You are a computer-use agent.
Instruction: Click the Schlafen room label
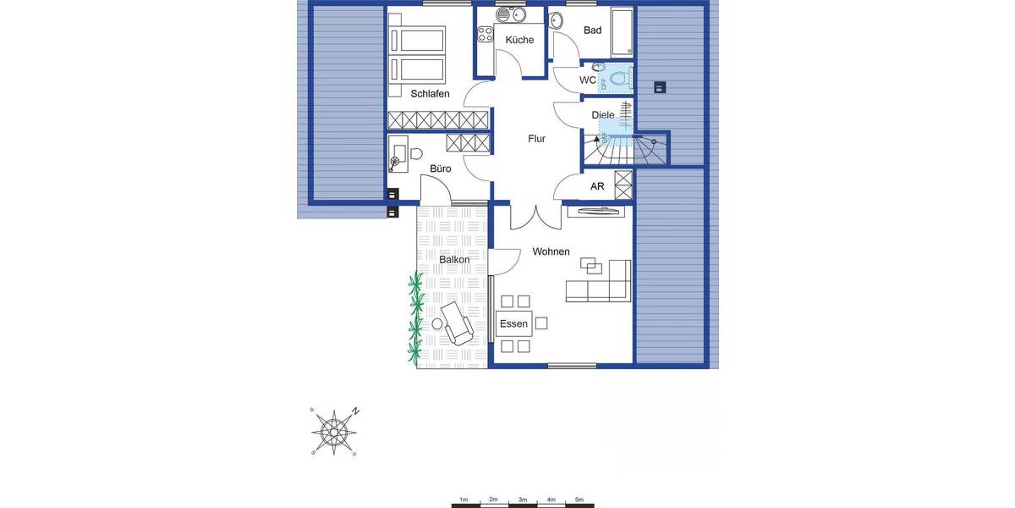pyautogui.click(x=430, y=94)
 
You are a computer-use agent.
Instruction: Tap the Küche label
pyautogui.click(x=519, y=40)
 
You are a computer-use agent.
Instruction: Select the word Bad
pyautogui.click(x=592, y=30)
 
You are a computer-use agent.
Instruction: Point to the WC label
pyautogui.click(x=588, y=80)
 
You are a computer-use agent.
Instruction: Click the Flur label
pyautogui.click(x=536, y=139)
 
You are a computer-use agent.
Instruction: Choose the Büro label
pyautogui.click(x=440, y=169)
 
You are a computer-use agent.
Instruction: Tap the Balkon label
pyautogui.click(x=454, y=259)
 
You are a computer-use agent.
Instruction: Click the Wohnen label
pyautogui.click(x=551, y=251)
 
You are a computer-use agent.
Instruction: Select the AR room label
pyautogui.click(x=597, y=186)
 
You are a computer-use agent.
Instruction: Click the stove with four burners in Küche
pyautogui.click(x=486, y=35)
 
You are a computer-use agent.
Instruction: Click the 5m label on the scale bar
pyautogui.click(x=579, y=500)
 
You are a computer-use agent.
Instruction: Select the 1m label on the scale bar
pyautogui.click(x=464, y=500)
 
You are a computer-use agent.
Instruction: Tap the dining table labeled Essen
pyautogui.click(x=513, y=323)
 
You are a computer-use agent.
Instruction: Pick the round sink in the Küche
pyautogui.click(x=505, y=14)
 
